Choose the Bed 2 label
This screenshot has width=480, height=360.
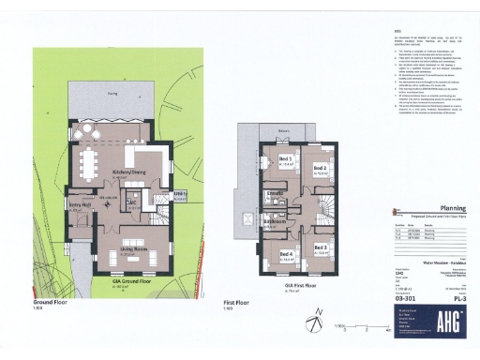coord(319,170)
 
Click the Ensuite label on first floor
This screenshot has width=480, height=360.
coord(276,193)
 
